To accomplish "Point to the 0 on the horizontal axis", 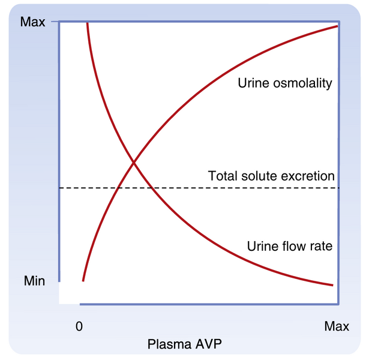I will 79,326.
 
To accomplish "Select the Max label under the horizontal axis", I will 337,326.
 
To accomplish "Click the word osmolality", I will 301,84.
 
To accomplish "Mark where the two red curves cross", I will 133,163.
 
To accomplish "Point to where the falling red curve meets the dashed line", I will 153,188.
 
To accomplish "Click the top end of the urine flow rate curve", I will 88,23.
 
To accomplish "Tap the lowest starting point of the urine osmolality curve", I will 83,280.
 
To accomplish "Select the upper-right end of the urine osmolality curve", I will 338,26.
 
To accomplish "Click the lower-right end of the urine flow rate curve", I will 332,284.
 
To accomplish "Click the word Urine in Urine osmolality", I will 253,84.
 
